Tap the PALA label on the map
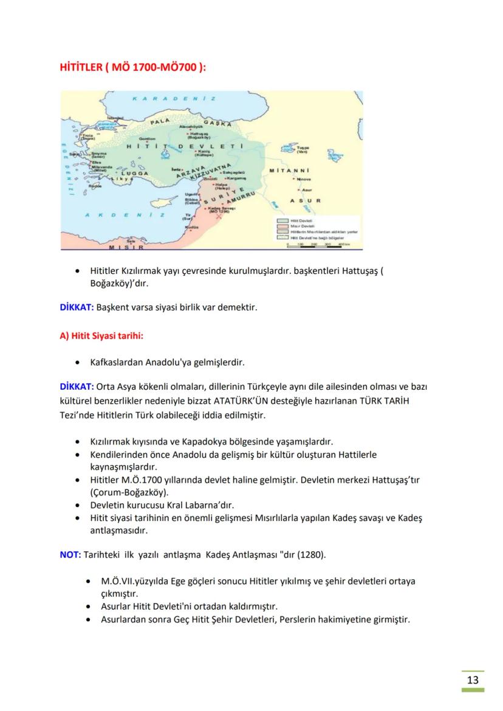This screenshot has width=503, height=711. [160, 121]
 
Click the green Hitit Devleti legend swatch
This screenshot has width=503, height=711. [282, 221]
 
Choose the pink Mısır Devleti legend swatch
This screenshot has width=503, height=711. [282, 226]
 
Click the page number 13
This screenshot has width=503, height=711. [473, 679]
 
